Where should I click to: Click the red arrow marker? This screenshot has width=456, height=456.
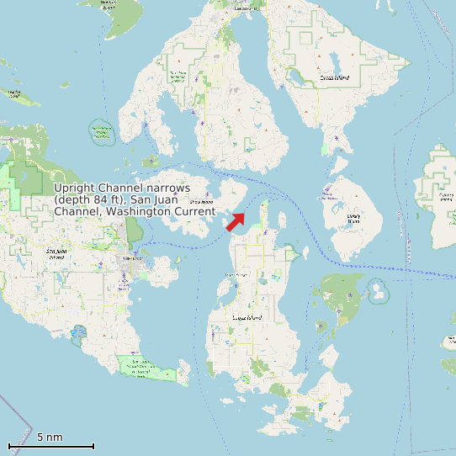tap(236, 221)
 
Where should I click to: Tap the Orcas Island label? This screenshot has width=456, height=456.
tap(335, 77)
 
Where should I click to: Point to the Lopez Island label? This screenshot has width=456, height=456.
tap(247, 317)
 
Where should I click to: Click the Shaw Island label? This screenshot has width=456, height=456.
tap(200, 202)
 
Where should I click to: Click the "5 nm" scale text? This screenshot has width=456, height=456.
tap(50, 437)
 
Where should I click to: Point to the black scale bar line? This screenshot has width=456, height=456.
tap(50, 446)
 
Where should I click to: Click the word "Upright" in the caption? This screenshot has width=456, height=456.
tap(76, 188)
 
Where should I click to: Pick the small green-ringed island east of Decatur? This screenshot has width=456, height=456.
tap(378, 290)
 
